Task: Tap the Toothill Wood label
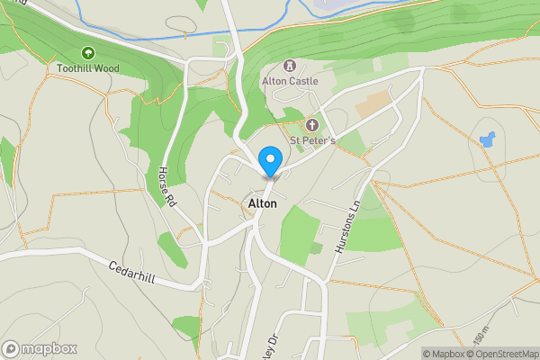tap(87, 68)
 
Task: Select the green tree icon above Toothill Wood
tap(88, 53)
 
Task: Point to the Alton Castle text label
tap(290, 81)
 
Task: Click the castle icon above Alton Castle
tap(290, 65)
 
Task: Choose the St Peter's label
tap(312, 140)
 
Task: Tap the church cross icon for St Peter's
tap(312, 125)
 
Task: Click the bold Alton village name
tap(262, 204)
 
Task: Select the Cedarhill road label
tap(132, 273)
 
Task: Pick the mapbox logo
tap(40, 348)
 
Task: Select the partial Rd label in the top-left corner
tap(7, 7)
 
